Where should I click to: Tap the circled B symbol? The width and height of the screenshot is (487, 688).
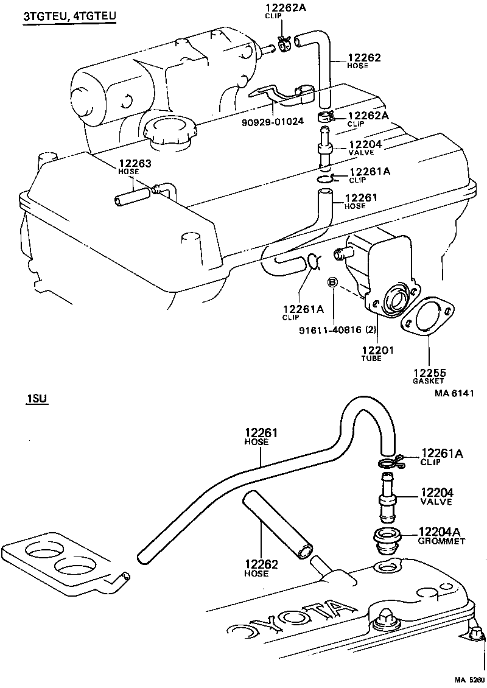point(333,282)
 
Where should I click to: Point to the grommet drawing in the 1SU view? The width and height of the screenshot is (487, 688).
point(387,539)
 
